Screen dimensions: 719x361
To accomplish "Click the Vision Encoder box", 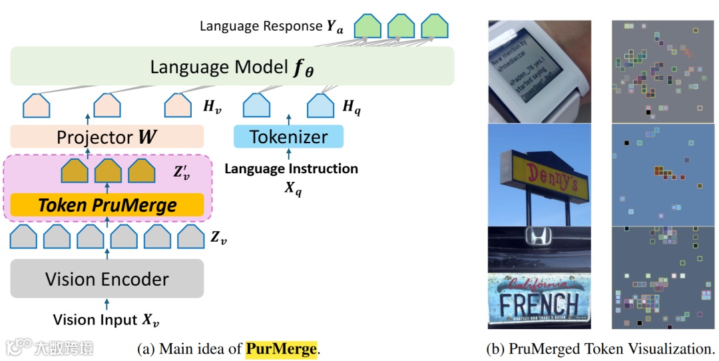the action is coord(107,278).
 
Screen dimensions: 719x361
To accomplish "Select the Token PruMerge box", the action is coord(107,205).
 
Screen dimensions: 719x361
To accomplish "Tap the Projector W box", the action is coord(107,137).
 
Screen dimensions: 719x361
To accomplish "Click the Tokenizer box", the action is coord(288,137).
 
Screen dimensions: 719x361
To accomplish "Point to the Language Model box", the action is coord(232,67).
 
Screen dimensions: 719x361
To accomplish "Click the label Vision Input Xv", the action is coord(107,319).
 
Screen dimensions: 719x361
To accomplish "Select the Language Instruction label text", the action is coord(291,169).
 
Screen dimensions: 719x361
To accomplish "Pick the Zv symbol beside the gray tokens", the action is coord(218,236).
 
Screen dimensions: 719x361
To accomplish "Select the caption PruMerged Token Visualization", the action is coord(601,348).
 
